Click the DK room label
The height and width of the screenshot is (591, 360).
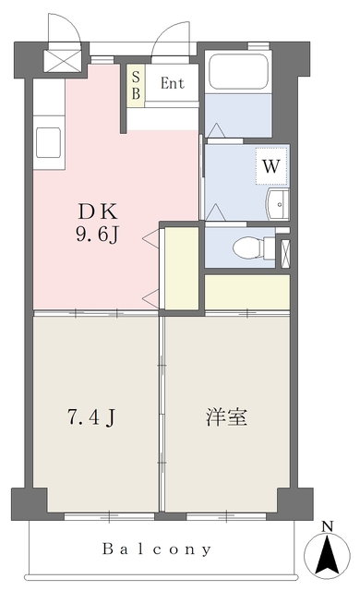(98, 211)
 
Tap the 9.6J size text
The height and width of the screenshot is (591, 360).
(98, 235)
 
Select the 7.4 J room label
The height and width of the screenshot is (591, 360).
(90, 417)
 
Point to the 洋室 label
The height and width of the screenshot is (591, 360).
(226, 416)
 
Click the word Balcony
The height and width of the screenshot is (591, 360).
(157, 549)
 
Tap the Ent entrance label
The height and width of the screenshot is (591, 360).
(173, 83)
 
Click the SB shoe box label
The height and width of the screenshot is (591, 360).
(136, 86)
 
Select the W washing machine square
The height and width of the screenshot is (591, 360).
(271, 166)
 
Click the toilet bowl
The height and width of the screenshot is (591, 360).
(247, 247)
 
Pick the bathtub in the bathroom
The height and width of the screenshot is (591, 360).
(238, 72)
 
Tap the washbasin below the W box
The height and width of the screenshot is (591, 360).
(278, 205)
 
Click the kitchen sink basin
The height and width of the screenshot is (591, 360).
(48, 143)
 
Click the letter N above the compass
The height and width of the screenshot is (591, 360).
(328, 526)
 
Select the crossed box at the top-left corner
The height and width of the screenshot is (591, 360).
(63, 61)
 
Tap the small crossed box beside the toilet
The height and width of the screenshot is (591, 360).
(286, 254)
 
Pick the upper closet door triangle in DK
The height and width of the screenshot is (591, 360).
(151, 238)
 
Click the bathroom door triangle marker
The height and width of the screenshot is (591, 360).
(217, 130)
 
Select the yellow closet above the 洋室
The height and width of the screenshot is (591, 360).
(247, 292)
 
